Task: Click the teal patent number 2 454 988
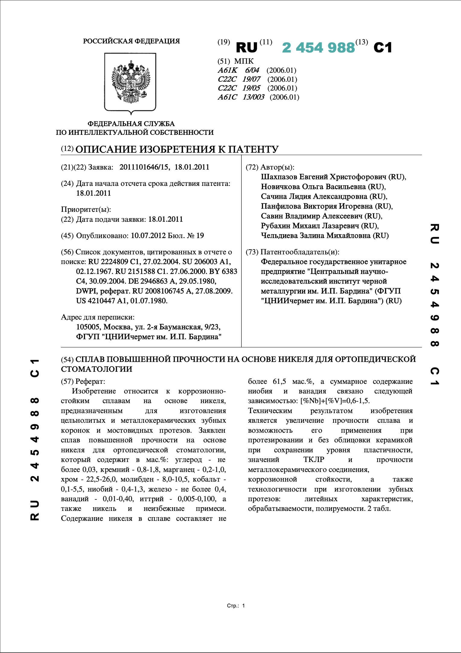pyautogui.click(x=318, y=48)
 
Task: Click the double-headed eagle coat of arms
pyautogui.click(x=131, y=82)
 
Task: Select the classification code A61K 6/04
pyautogui.click(x=238, y=70)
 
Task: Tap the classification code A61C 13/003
pyautogui.click(x=241, y=97)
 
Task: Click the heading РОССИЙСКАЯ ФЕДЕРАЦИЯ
pyautogui.click(x=131, y=41)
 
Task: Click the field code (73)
pyautogui.click(x=252, y=252)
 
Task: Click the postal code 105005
pyautogui.click(x=89, y=327)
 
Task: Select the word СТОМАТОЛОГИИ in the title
pyautogui.click(x=97, y=369)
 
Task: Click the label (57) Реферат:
pyautogui.click(x=83, y=381)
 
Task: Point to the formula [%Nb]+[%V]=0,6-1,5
pyautogui.click(x=335, y=401)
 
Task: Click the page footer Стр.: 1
pyautogui.click(x=236, y=606)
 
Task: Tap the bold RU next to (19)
pyautogui.click(x=246, y=48)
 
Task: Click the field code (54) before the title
pyautogui.click(x=67, y=359)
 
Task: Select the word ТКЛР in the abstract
pyautogui.click(x=314, y=460)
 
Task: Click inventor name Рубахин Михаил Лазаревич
pyautogui.click(x=310, y=226)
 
